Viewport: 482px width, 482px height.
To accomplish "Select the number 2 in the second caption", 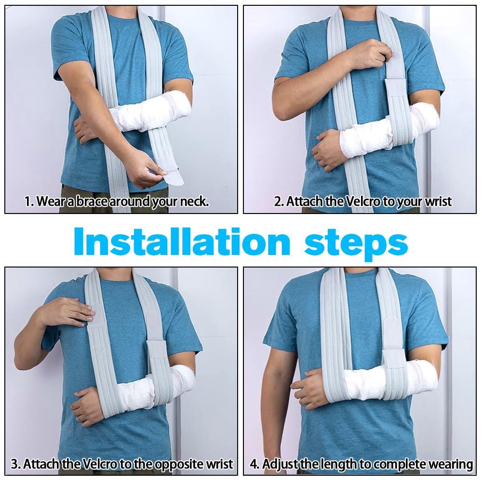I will [278, 201].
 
